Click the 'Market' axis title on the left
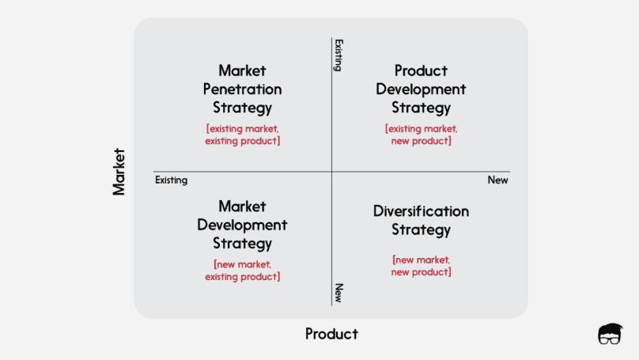119,171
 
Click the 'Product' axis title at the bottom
331,334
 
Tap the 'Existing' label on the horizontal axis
171,180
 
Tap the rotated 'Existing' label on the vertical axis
338,55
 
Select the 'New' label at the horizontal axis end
497,180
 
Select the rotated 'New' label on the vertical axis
338,293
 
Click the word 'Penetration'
242,89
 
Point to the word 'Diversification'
421,211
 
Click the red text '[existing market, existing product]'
242,135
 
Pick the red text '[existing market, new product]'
421,135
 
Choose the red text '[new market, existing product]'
242,271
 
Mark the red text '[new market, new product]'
421,266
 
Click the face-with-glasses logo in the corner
610,333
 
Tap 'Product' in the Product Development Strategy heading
421,70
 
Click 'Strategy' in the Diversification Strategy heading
421,230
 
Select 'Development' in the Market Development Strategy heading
242,225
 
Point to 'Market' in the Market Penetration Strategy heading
242,70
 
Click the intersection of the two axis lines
332,172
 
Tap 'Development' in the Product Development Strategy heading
421,89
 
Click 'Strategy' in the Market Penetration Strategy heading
242,108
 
